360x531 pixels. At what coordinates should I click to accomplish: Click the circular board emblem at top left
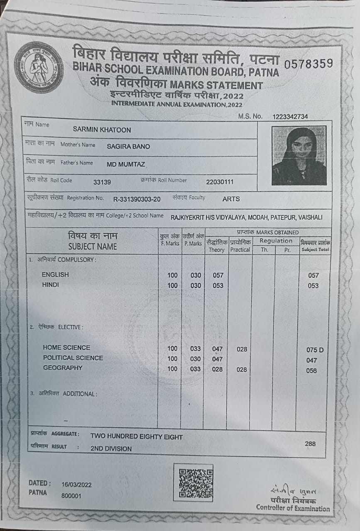click(39, 67)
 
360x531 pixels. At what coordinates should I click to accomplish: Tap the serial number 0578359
click(308, 63)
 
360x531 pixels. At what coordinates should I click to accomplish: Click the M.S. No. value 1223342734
click(290, 117)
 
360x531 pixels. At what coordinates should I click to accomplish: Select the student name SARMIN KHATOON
click(102, 130)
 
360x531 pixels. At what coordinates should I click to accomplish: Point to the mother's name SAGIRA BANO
click(128, 146)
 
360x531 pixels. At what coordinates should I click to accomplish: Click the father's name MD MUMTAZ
click(126, 164)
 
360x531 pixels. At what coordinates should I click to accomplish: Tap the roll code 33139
click(102, 182)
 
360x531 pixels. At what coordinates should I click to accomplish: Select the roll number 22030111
click(220, 182)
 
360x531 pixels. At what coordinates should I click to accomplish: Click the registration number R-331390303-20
click(137, 199)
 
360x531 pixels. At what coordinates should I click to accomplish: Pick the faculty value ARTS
click(231, 199)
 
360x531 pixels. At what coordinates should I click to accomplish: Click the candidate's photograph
click(299, 156)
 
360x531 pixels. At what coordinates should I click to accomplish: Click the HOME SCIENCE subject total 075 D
click(315, 350)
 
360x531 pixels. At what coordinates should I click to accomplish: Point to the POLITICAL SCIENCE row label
click(73, 358)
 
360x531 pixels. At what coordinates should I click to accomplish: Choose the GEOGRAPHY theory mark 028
click(217, 369)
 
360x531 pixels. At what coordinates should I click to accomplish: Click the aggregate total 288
click(310, 443)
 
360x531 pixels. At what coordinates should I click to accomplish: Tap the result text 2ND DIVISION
click(111, 448)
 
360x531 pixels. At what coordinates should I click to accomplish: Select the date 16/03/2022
click(76, 485)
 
